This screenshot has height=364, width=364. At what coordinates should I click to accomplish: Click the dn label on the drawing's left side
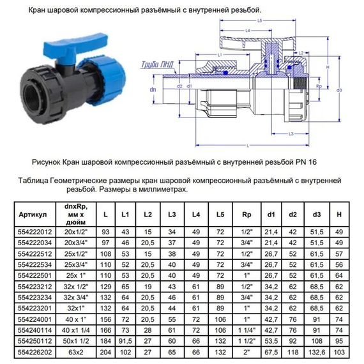[x=153, y=89]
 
